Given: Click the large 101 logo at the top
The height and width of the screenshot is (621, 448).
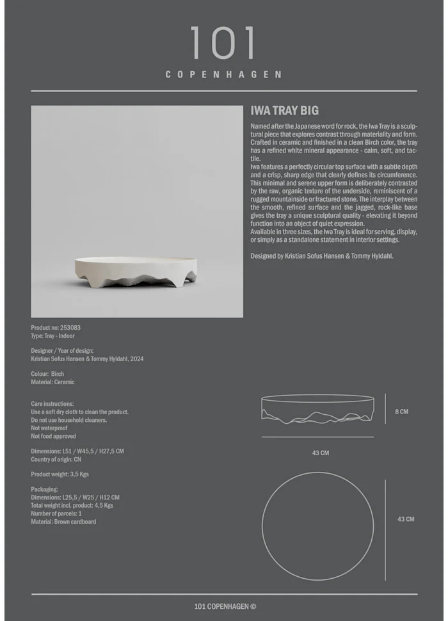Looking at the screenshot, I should coord(223,44).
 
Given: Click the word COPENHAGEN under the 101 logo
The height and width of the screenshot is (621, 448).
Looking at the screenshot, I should coord(223,74).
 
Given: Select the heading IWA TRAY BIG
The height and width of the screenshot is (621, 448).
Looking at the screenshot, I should coord(284,111).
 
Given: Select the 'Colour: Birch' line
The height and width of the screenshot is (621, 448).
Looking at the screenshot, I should coord(47,374).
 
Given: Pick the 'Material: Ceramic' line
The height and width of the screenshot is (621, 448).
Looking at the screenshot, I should coord(52,382).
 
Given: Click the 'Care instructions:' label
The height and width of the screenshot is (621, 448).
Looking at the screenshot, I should coord(52,404).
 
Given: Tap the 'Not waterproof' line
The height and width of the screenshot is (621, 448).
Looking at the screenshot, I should coord(49,428).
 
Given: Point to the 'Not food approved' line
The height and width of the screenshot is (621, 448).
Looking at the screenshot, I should coord(53,437).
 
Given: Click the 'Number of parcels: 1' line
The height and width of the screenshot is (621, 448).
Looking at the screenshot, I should coord(56,513).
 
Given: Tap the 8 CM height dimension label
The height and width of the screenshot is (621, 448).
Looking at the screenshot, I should coord(401,412).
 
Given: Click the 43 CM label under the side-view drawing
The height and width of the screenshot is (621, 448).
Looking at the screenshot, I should coord(320,453).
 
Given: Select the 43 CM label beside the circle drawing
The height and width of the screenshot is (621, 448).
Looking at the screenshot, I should coord(406,519).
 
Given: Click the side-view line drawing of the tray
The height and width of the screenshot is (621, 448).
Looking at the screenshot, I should coord(317,410).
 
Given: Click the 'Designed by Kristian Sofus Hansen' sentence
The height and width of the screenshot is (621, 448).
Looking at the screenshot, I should coord(322,256).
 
